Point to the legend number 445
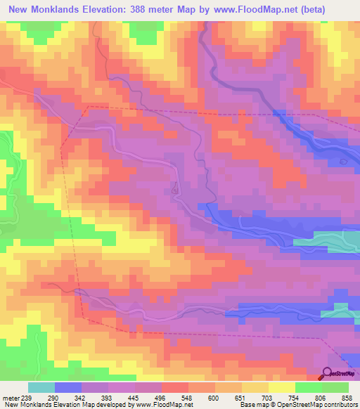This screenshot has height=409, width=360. [x=130, y=397]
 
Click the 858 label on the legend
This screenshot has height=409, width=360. [x=347, y=397]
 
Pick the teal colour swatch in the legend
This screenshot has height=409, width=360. [x=41, y=387]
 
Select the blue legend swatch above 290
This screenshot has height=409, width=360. [x=68, y=387]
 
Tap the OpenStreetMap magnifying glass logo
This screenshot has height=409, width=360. [x=328, y=373]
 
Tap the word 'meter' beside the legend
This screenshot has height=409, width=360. [x=9, y=397]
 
